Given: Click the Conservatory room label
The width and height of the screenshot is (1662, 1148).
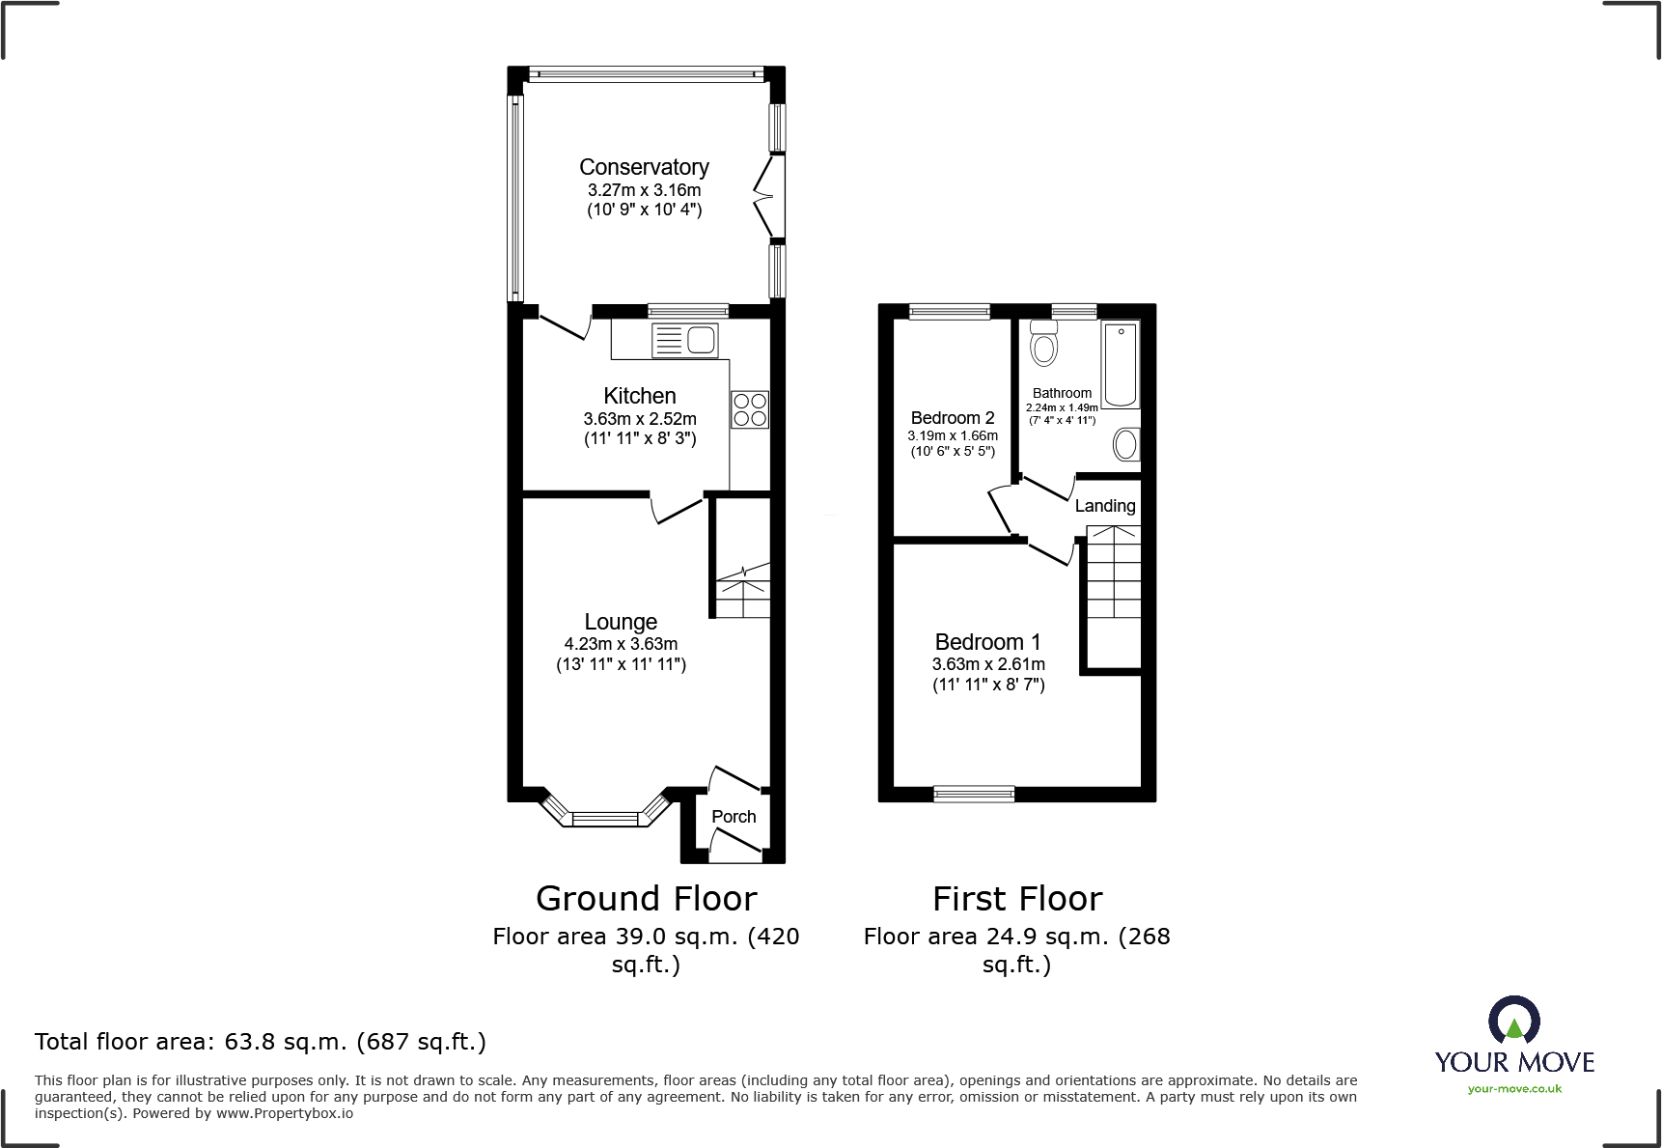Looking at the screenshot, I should (x=644, y=168).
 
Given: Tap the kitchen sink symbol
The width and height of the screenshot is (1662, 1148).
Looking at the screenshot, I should (x=684, y=340).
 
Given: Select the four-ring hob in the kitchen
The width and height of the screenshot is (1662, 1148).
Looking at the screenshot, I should (x=749, y=409).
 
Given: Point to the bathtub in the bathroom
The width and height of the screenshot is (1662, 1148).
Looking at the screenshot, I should (x=1121, y=365).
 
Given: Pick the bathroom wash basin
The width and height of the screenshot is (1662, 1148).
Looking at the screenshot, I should (x=1125, y=444).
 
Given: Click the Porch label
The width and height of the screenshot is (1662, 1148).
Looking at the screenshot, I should (x=734, y=817).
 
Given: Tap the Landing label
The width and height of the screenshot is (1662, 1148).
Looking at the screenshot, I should (x=1105, y=506).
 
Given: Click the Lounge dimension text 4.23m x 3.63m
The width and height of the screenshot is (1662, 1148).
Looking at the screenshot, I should (x=621, y=644).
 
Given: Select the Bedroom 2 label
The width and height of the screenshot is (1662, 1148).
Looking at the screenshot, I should (x=953, y=418).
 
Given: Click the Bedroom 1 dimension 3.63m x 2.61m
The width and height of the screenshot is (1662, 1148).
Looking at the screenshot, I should (x=988, y=664).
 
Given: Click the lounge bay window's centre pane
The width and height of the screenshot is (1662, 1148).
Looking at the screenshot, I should (x=605, y=820).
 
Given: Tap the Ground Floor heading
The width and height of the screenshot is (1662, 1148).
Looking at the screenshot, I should (x=646, y=899).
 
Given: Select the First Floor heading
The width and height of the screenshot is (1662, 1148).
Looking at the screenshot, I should (x=1017, y=899).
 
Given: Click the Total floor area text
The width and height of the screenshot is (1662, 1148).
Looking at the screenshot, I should (x=261, y=1042).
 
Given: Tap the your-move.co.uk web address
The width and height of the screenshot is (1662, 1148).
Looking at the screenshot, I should (x=1514, y=1089).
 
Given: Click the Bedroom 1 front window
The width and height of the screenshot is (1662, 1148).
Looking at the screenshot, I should (x=974, y=795).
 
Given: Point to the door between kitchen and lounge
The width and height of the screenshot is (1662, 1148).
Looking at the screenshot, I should (x=678, y=508).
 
